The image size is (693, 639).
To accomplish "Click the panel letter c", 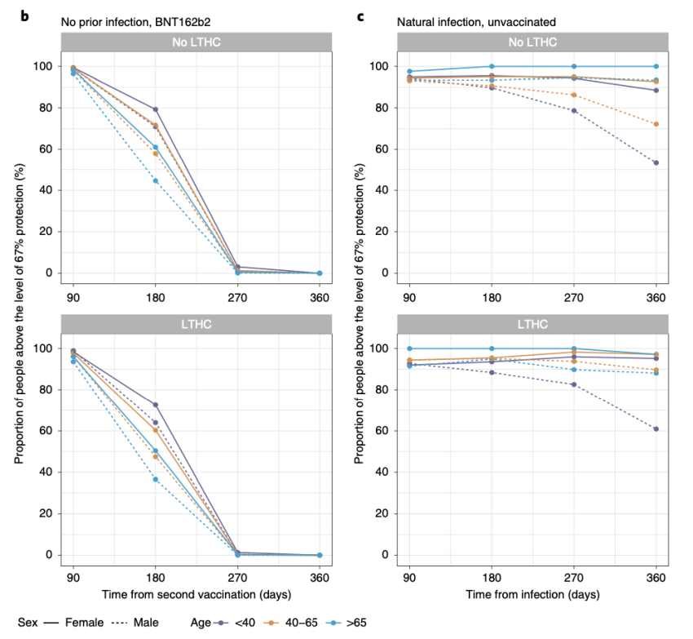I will pyautogui.click(x=361, y=15).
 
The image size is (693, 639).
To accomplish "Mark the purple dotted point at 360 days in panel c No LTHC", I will pyautogui.click(x=656, y=162).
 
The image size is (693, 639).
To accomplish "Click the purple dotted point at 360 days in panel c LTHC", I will pyautogui.click(x=656, y=428).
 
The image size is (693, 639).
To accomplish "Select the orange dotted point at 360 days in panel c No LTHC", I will pyautogui.click(x=656, y=124).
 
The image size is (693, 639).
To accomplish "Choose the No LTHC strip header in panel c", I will pyautogui.click(x=533, y=42).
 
